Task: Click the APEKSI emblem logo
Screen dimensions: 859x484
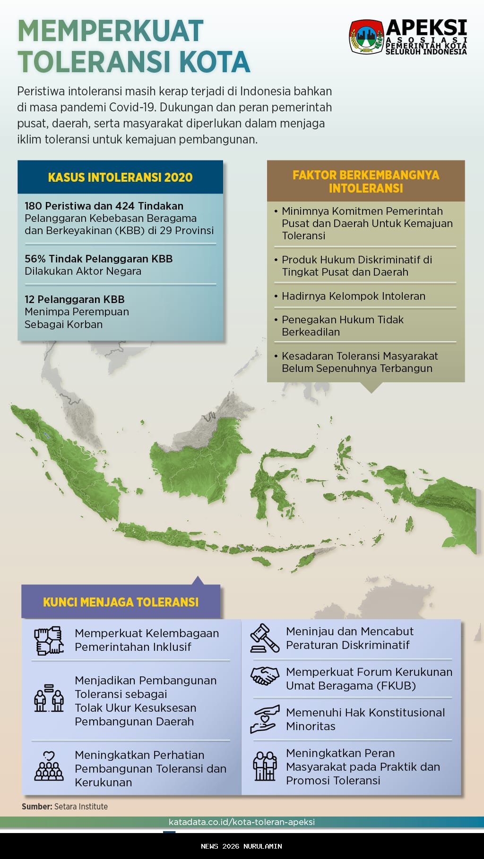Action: pyautogui.click(x=366, y=36)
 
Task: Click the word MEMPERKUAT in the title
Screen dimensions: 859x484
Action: pyautogui.click(x=111, y=31)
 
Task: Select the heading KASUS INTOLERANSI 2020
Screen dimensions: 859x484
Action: pyautogui.click(x=120, y=177)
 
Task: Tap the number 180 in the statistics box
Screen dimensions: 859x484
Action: pyautogui.click(x=33, y=206)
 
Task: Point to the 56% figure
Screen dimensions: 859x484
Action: pyautogui.click(x=35, y=259)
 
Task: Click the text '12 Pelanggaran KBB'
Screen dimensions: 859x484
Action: pyautogui.click(x=75, y=299)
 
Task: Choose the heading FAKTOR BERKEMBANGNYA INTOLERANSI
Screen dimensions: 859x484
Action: pyautogui.click(x=366, y=181)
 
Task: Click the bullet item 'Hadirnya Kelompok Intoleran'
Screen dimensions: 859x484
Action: pyautogui.click(x=354, y=296)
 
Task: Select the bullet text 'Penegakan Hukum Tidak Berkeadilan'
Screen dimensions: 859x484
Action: pyautogui.click(x=342, y=326)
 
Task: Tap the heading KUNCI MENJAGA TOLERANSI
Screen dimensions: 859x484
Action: pyautogui.click(x=121, y=602)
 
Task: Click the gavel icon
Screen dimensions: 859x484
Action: pyautogui.click(x=265, y=638)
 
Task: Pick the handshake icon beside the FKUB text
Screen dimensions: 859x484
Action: pyautogui.click(x=265, y=676)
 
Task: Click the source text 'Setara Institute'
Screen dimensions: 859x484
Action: pyautogui.click(x=81, y=807)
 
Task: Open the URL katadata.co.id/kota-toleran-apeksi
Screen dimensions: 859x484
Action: pyautogui.click(x=242, y=822)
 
